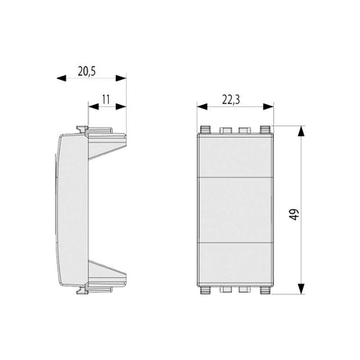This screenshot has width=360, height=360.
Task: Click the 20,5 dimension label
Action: (x=87, y=71)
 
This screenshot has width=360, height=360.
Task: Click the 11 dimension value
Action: (x=106, y=99)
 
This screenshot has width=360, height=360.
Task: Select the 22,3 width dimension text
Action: (x=231, y=99)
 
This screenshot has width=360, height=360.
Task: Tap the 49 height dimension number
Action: (x=295, y=214)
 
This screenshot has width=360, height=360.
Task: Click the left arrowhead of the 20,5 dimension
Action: (x=62, y=78)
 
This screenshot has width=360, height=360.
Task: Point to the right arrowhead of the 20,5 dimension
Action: (x=121, y=78)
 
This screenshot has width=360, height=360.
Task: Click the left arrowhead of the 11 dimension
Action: (x=93, y=106)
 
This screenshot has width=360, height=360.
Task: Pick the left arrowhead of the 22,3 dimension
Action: (x=202, y=106)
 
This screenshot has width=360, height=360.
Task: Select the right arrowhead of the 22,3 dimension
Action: (x=268, y=106)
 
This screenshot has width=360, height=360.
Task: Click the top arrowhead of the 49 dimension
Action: (x=301, y=131)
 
